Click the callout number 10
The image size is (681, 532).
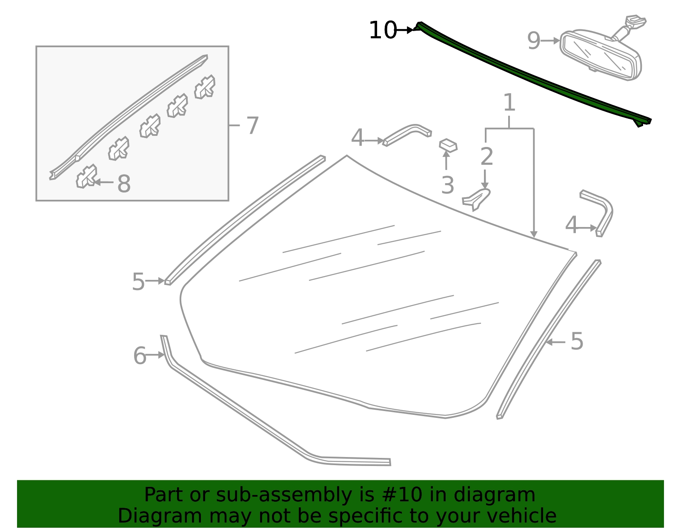[x=383, y=30]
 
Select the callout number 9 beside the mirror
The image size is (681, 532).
[x=534, y=41]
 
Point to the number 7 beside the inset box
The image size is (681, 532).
[x=252, y=125]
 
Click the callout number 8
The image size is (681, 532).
[x=124, y=184]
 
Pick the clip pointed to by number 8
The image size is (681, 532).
[x=86, y=176]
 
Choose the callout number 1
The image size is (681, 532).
[x=509, y=102]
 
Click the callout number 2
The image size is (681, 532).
[x=486, y=156]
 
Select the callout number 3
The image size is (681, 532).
[x=447, y=185]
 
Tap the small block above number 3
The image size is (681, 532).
[x=448, y=146]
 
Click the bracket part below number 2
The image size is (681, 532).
[x=476, y=200]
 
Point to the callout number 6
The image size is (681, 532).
[x=140, y=356]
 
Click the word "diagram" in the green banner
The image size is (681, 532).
[x=494, y=495]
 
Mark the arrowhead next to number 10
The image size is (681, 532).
[x=410, y=30]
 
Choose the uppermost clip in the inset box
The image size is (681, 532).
[x=205, y=87]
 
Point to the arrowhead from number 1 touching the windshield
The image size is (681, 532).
[x=534, y=235]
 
